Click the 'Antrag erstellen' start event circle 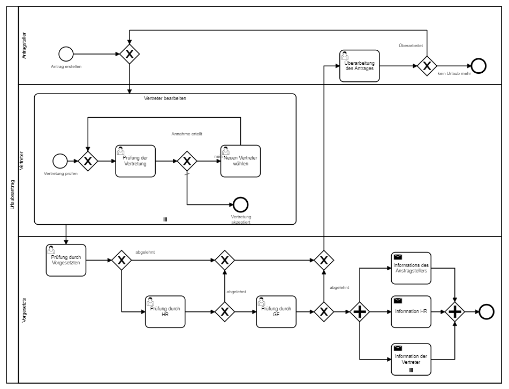(x=66, y=54)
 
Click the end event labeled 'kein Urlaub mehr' (x=478, y=66)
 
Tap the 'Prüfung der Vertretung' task (x=135, y=161)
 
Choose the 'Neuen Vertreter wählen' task (x=240, y=161)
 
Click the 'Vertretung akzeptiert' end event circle (x=241, y=205)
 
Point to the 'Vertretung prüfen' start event (x=59, y=161)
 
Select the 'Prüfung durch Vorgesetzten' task (x=66, y=260)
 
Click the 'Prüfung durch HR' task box (x=165, y=311)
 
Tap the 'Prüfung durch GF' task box (x=277, y=311)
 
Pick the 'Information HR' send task (x=411, y=311)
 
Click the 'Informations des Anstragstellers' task (x=411, y=268)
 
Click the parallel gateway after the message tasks (x=454, y=312)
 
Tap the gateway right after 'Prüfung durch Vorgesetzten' (x=121, y=261)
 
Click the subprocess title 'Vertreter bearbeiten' (x=165, y=99)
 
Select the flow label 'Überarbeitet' (x=411, y=45)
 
